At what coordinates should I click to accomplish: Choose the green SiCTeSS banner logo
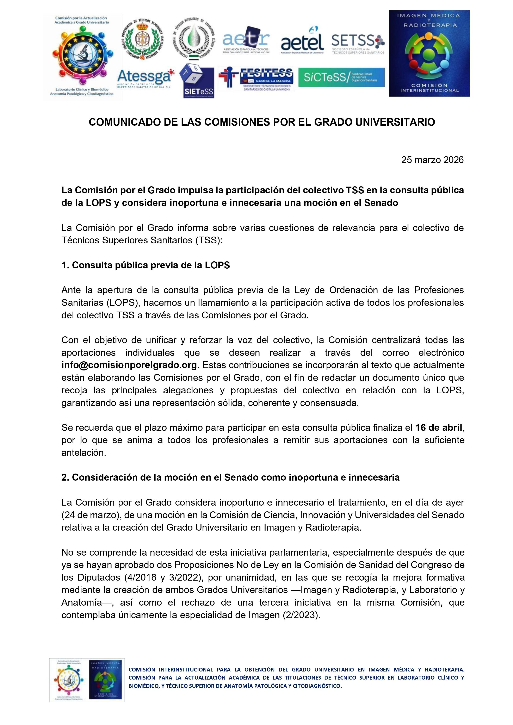click(341, 77)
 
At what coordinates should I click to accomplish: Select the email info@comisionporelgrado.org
click(129, 365)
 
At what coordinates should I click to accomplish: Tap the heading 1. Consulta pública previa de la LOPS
click(145, 265)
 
